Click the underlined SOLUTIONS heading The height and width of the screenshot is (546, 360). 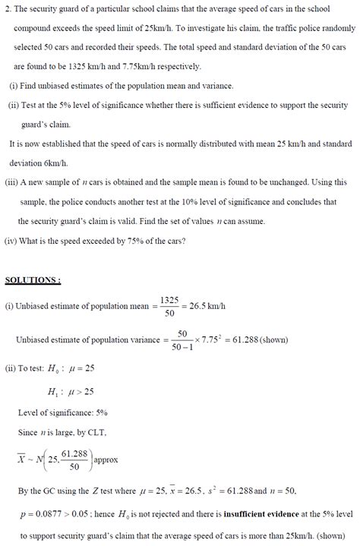(33, 279)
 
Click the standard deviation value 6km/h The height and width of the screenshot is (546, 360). (50, 163)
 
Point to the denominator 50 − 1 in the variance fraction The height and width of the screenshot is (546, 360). (182, 347)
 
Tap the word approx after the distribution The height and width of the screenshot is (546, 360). (106, 460)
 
